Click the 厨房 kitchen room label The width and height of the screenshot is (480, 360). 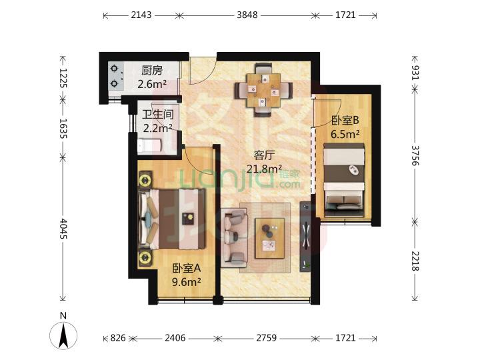(x=151, y=69)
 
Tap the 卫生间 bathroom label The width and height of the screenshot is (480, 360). (x=157, y=113)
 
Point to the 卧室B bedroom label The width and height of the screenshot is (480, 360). (x=345, y=121)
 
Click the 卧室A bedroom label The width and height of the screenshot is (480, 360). (x=187, y=268)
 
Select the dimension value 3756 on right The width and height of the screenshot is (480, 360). (x=415, y=158)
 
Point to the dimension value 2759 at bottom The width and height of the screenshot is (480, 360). (x=261, y=338)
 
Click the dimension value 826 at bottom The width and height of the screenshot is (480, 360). (x=118, y=338)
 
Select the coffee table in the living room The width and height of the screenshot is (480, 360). (x=269, y=237)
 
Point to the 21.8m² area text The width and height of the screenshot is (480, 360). (x=265, y=169)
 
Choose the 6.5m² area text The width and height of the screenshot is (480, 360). (x=345, y=133)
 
